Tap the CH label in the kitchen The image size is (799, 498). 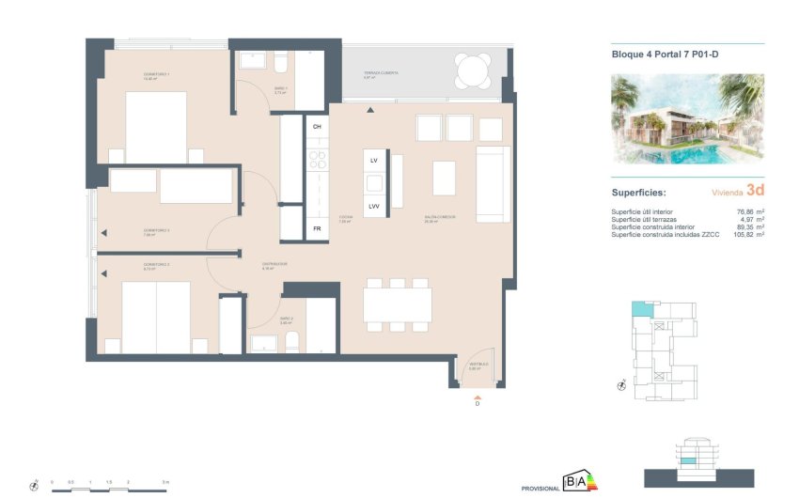317,126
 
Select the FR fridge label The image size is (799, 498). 317,228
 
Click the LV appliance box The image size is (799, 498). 373,162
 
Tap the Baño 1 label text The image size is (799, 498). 279,90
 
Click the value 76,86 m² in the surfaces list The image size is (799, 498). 750,211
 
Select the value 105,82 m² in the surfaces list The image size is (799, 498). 747,234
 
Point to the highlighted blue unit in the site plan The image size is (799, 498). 640,309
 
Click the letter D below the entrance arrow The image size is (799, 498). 477,404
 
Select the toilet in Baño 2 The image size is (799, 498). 291,341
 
